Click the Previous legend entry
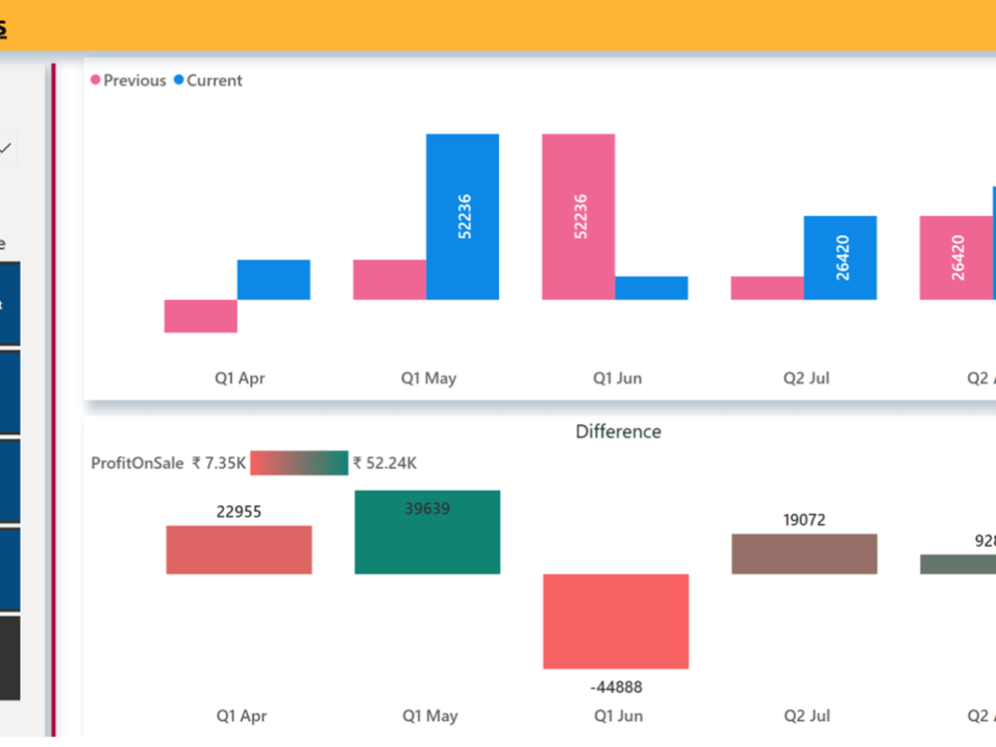(x=133, y=81)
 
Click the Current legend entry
(x=213, y=81)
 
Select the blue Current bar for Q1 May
(x=463, y=216)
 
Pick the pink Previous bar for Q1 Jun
(x=578, y=216)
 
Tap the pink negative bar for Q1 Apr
(x=200, y=316)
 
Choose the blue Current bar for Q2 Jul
(x=840, y=257)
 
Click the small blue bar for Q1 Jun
(x=651, y=288)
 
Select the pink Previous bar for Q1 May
(x=389, y=280)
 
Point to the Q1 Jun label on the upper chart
(x=618, y=378)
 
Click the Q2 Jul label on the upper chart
(x=807, y=378)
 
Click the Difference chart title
(x=618, y=431)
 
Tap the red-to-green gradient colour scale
(x=299, y=463)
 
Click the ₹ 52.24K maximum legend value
(x=384, y=463)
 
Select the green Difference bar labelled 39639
(x=427, y=538)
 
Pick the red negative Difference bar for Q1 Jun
(x=616, y=622)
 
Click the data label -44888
(x=617, y=687)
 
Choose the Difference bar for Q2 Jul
(x=804, y=554)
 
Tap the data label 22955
(x=239, y=512)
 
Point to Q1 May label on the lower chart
(x=429, y=716)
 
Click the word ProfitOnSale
(x=137, y=463)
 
